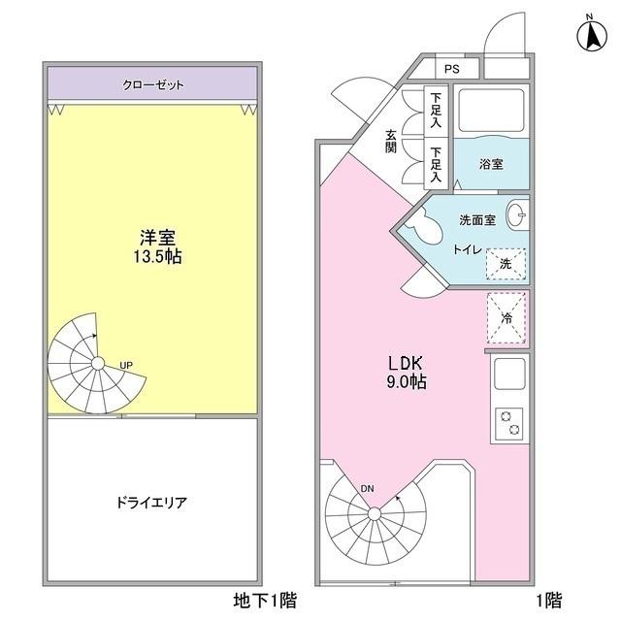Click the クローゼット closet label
point(153,84)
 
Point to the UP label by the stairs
point(126,365)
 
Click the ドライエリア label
point(150,503)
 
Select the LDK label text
point(406,363)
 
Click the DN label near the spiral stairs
point(367,488)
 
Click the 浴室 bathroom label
point(491,164)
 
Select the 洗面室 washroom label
point(478,220)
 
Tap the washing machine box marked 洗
point(505,263)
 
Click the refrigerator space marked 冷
point(506,317)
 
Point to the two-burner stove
point(509,424)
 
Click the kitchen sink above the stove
point(509,373)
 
